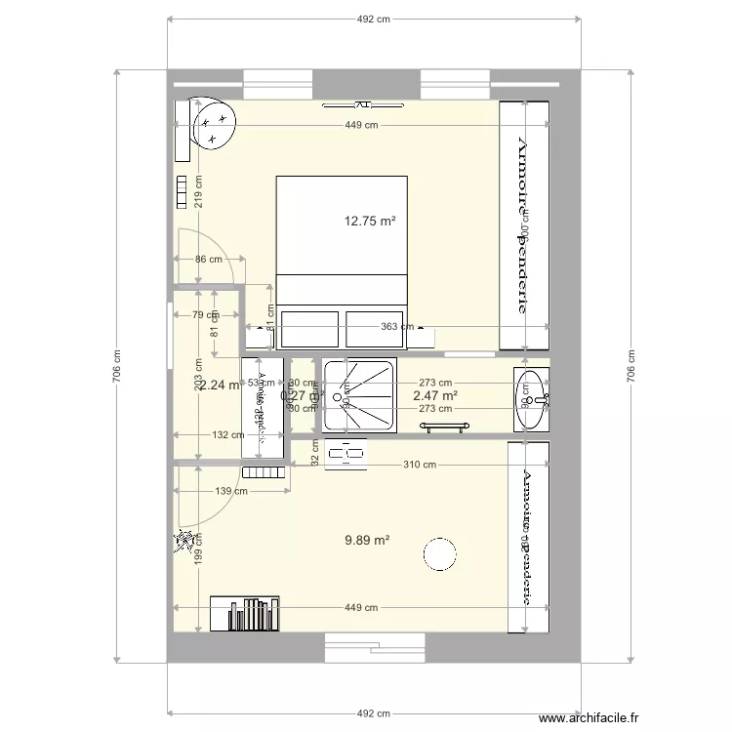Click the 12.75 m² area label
click(x=369, y=222)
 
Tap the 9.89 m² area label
click(x=367, y=540)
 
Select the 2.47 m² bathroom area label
click(x=435, y=396)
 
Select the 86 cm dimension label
click(x=208, y=260)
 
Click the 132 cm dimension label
click(x=230, y=435)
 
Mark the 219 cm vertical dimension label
click(x=197, y=192)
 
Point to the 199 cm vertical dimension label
click(x=197, y=550)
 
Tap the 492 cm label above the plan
click(x=374, y=19)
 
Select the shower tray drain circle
click(x=345, y=399)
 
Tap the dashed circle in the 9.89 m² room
click(x=440, y=554)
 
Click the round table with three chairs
click(x=216, y=127)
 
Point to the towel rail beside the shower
click(x=445, y=426)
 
